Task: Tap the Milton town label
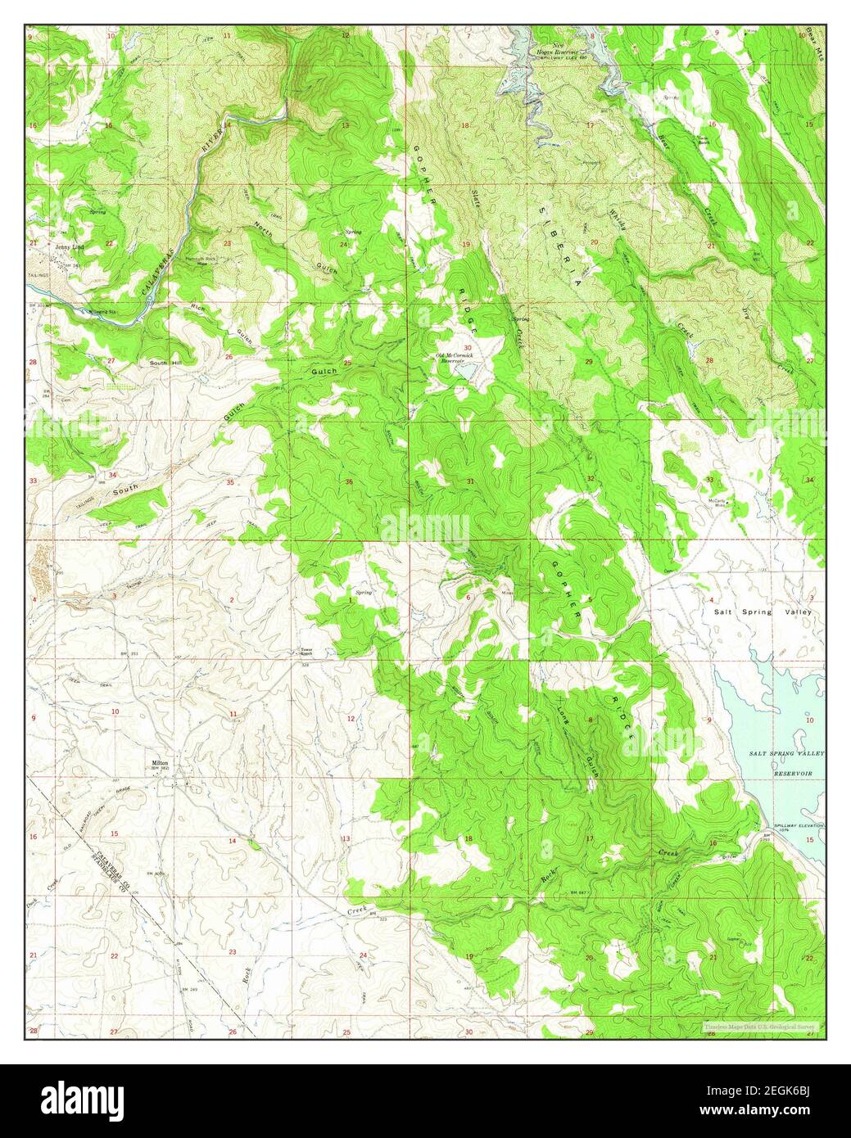coord(160,761)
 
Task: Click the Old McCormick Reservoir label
coord(455,357)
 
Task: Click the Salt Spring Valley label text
coord(762,612)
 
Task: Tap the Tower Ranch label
coord(306,653)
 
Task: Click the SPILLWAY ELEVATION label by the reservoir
coord(797,826)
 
